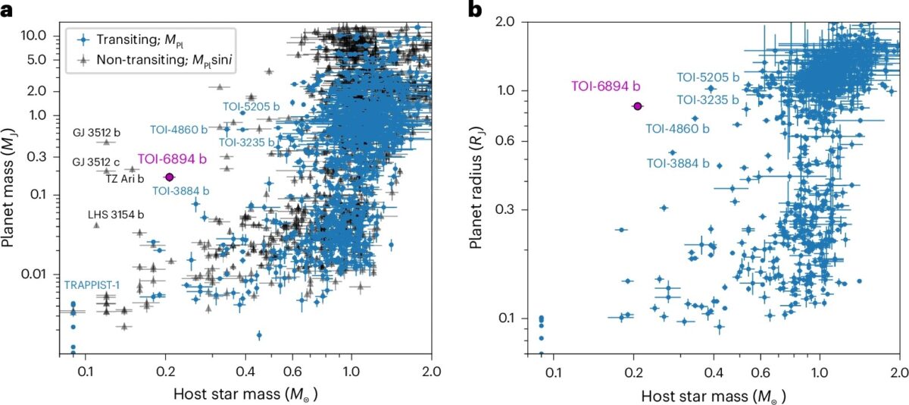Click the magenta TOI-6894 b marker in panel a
(x=169, y=177)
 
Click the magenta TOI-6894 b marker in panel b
(x=638, y=106)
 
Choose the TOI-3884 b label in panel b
(x=678, y=163)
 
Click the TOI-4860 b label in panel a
(x=182, y=129)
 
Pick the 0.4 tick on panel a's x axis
(x=245, y=372)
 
